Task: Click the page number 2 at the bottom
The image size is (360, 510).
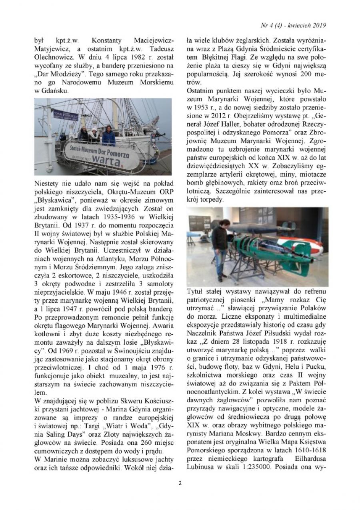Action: click(x=180, y=483)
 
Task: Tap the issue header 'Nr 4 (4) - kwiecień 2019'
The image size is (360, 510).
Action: click(x=292, y=26)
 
